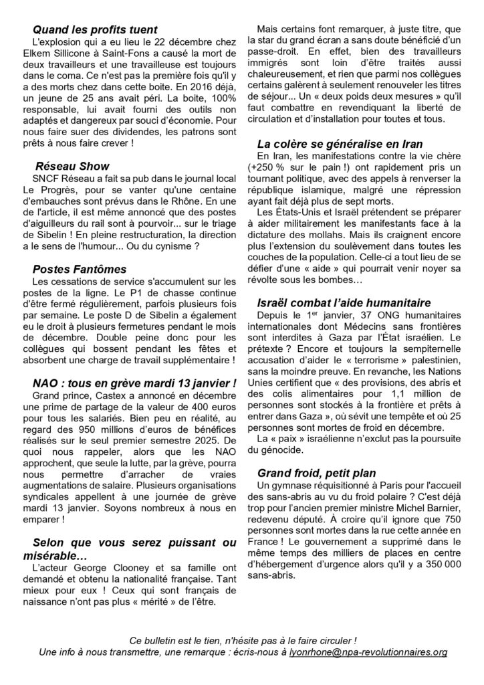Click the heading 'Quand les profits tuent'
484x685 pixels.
pyautogui.click(x=95, y=29)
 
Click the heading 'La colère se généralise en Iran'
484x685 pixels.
pyautogui.click(x=340, y=143)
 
